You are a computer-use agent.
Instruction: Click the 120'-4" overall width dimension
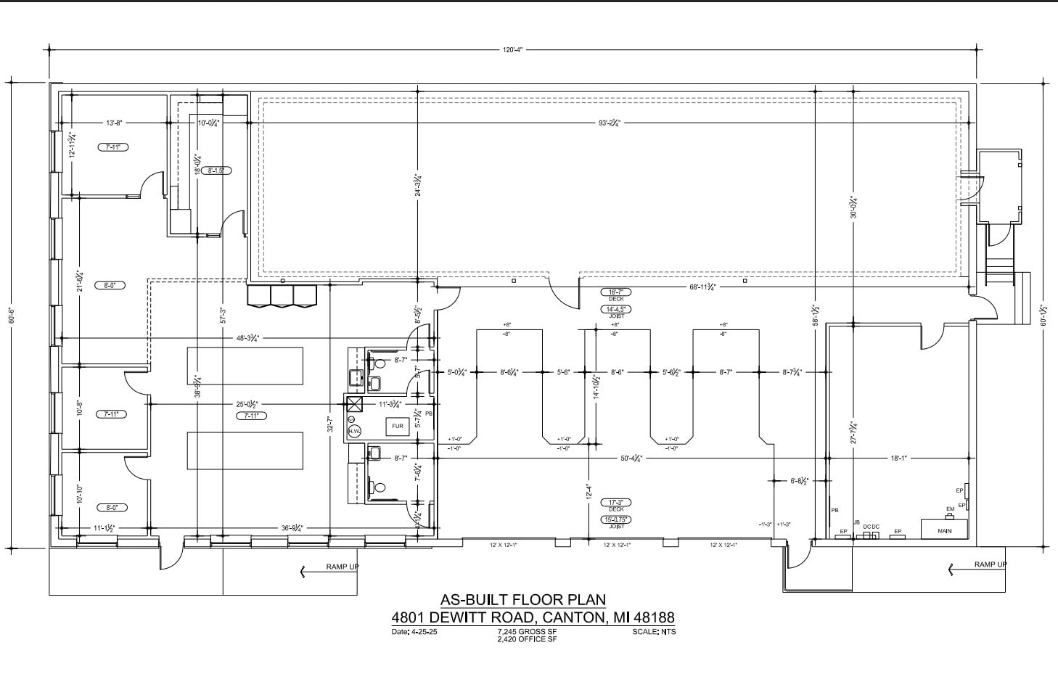pyautogui.click(x=512, y=50)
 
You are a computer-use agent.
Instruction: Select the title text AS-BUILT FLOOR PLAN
pyautogui.click(x=522, y=600)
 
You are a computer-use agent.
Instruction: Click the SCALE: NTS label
pyautogui.click(x=654, y=632)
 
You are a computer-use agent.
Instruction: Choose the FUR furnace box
pyautogui.click(x=398, y=427)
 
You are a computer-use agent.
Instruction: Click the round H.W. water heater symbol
pyautogui.click(x=354, y=431)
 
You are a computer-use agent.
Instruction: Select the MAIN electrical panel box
pyautogui.click(x=944, y=530)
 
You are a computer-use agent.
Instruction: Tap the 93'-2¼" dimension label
pyautogui.click(x=608, y=123)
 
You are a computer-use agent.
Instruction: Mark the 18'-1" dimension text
pyautogui.click(x=899, y=458)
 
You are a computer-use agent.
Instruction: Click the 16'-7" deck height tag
pyautogui.click(x=616, y=292)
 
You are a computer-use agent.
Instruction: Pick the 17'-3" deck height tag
pyautogui.click(x=616, y=502)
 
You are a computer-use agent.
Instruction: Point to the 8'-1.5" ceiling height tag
pyautogui.click(x=218, y=171)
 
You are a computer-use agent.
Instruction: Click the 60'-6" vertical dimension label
pyautogui.click(x=12, y=316)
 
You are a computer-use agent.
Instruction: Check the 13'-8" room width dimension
pyautogui.click(x=115, y=123)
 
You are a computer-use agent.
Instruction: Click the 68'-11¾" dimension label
pyautogui.click(x=702, y=287)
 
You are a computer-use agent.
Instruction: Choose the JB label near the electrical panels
pyautogui.click(x=856, y=522)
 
